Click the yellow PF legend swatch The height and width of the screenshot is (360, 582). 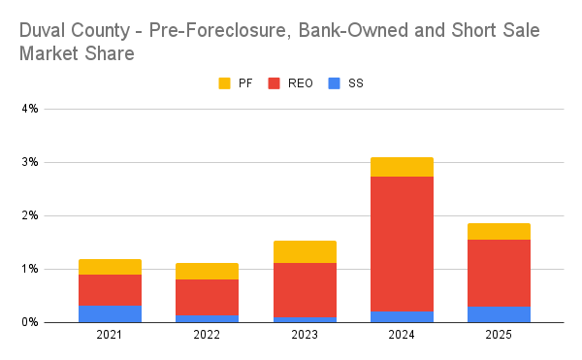click(x=226, y=83)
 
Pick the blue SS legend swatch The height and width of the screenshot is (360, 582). click(x=335, y=83)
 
